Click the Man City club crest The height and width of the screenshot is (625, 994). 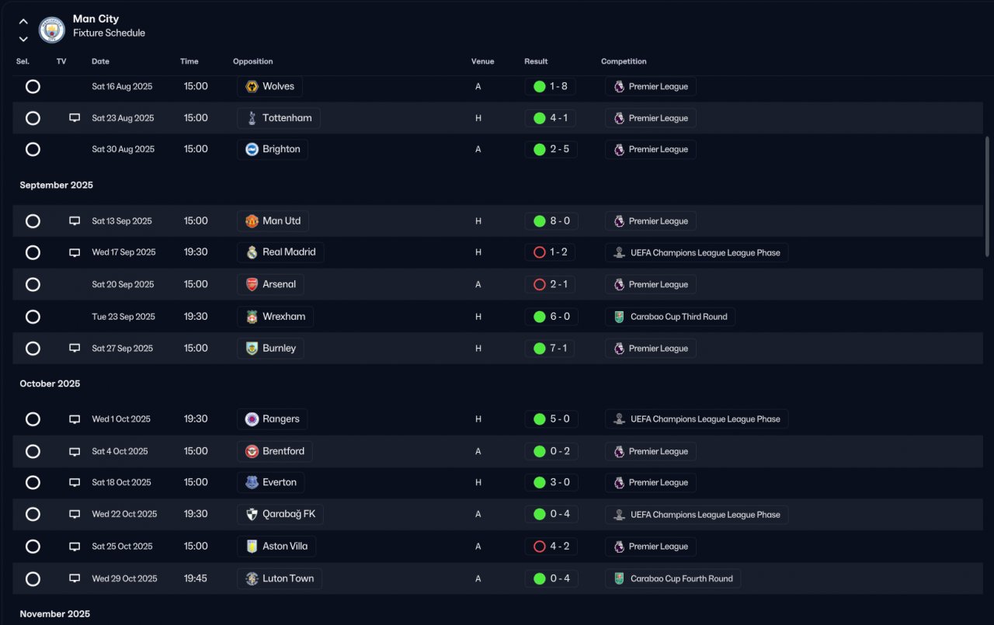click(52, 30)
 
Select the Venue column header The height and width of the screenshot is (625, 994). click(482, 61)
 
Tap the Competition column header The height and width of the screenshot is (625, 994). click(624, 61)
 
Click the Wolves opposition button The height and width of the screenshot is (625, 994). click(269, 86)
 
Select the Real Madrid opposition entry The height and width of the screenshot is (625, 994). click(280, 252)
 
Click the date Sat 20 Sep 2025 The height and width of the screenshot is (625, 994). click(123, 284)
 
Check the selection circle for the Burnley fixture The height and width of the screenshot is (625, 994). click(33, 349)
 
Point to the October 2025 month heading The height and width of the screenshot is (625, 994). click(50, 384)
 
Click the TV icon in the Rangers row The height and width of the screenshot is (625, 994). click(75, 419)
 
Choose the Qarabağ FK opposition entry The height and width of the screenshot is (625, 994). click(280, 514)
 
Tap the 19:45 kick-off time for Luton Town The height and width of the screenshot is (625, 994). click(195, 578)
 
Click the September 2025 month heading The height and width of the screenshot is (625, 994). click(57, 185)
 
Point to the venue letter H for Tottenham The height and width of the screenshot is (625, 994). click(478, 118)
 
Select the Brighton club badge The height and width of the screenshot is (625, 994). click(252, 149)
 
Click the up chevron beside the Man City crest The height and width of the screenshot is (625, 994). click(23, 21)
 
